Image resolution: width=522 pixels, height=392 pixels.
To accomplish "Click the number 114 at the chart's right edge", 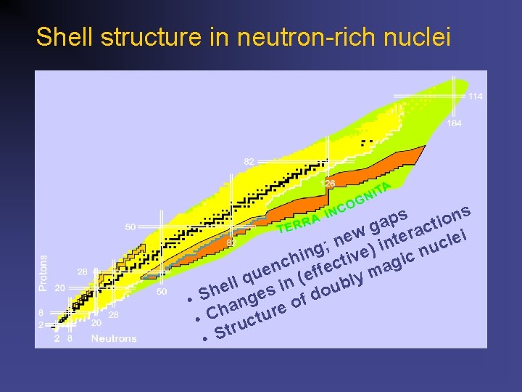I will pyautogui.click(x=476, y=97).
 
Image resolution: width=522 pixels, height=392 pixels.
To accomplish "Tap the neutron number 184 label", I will pyautogui.click(x=455, y=123).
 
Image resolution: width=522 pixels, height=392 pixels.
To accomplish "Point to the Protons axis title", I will pyautogui.click(x=43, y=273).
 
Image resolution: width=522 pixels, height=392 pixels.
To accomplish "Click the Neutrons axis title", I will pyautogui.click(x=114, y=338).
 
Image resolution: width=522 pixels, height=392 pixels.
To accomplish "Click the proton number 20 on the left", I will pyautogui.click(x=59, y=287).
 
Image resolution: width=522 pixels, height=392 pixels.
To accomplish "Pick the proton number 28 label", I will pyautogui.click(x=83, y=271).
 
